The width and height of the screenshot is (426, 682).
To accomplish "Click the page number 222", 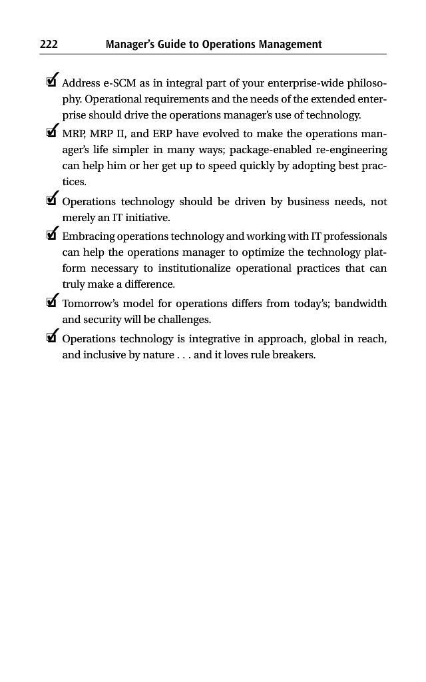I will (49, 45).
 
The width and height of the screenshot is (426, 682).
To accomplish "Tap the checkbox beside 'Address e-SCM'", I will (51, 84).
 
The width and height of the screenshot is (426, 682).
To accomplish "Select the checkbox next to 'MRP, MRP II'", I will (51, 133).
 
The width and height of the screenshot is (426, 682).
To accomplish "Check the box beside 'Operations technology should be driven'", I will (51, 201).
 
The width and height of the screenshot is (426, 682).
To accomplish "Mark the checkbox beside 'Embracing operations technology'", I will (51, 236).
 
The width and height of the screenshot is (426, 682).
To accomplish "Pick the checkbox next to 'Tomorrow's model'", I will (51, 304).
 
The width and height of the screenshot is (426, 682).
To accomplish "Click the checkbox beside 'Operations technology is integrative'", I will (51, 339).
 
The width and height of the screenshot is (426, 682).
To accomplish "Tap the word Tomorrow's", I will (90, 304).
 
